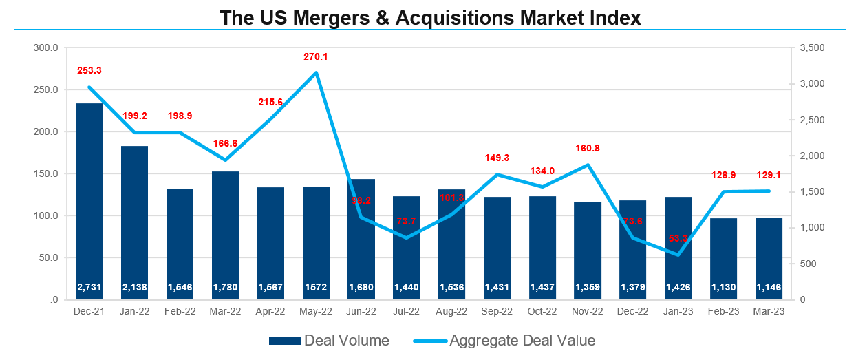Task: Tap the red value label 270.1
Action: tap(316, 56)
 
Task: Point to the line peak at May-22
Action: tap(316, 72)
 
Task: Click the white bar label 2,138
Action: tap(135, 286)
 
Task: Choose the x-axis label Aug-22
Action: tap(451, 311)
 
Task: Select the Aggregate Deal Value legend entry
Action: tap(504, 341)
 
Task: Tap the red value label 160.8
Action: tap(588, 148)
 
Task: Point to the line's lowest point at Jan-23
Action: tap(678, 255)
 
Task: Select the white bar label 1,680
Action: tap(361, 286)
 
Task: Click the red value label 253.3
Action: tap(89, 70)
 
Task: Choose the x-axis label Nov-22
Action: tap(588, 311)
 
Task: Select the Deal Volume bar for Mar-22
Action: tap(225, 234)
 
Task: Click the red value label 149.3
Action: tap(497, 158)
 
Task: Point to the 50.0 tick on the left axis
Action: tap(48, 258)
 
